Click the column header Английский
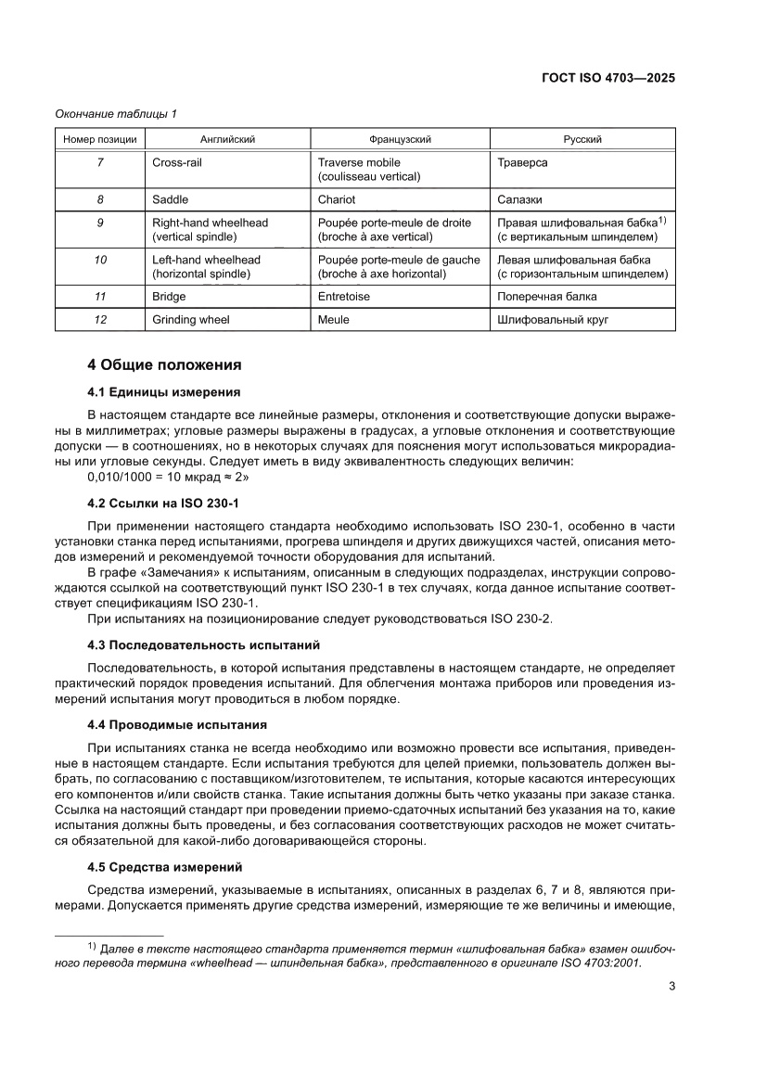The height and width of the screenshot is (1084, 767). pyautogui.click(x=227, y=139)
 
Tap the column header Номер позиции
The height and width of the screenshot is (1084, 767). pyautogui.click(x=100, y=139)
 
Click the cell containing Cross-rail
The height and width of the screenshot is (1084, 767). pyautogui.click(x=177, y=162)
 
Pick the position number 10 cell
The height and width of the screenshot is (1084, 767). pyautogui.click(x=100, y=260)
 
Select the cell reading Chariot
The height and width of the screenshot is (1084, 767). pyautogui.click(x=337, y=199)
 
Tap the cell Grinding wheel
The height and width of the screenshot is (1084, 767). pyautogui.click(x=191, y=320)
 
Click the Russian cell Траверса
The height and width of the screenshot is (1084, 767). pyautogui.click(x=522, y=162)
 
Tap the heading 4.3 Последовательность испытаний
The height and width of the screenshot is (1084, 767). pyautogui.click(x=203, y=644)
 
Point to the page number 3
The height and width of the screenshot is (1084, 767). pyautogui.click(x=671, y=986)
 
